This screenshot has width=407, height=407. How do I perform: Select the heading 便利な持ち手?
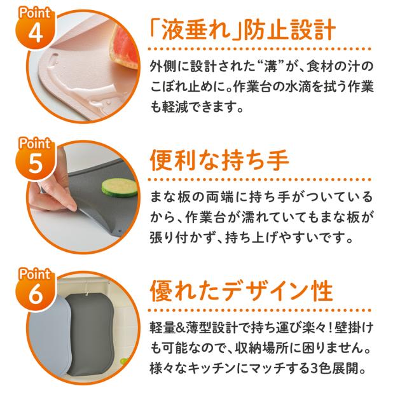point(219,160)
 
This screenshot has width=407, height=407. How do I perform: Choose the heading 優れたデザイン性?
point(241,291)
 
